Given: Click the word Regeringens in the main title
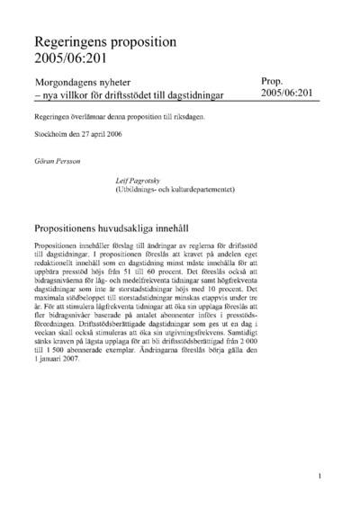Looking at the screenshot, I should tap(74, 41).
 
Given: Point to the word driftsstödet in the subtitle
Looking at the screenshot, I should tap(130, 96).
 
